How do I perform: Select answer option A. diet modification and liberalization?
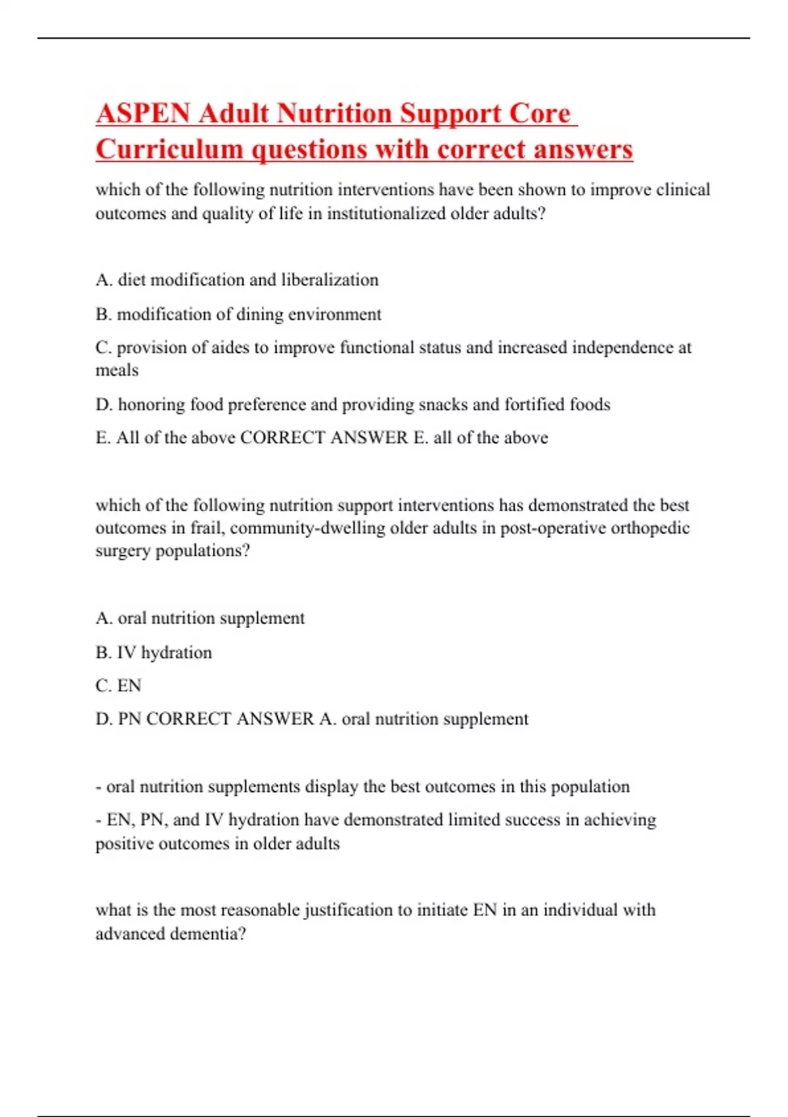point(236,280)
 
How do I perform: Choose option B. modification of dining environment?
point(238,315)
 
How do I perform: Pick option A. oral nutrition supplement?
point(200,618)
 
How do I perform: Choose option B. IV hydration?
point(154,652)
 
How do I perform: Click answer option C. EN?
point(118,686)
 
